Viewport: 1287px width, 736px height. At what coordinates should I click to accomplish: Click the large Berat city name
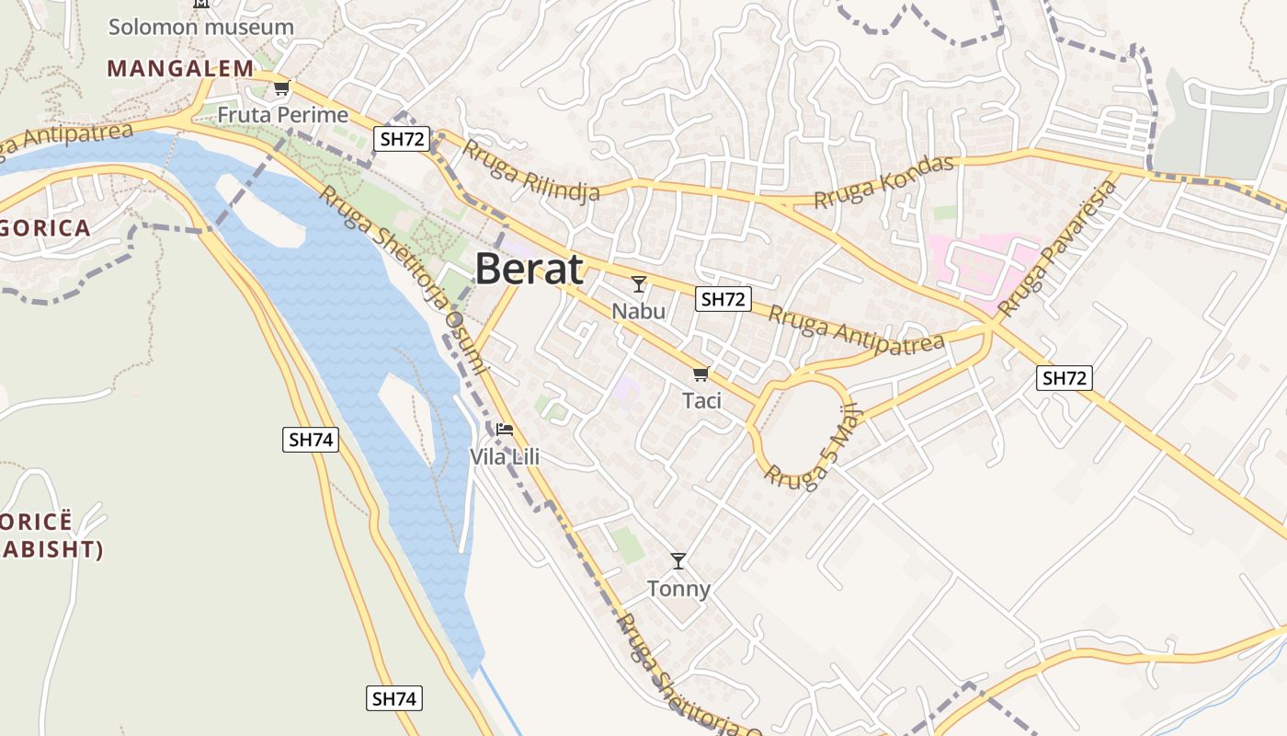pos(529,269)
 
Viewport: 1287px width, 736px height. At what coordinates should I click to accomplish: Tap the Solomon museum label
pos(201,27)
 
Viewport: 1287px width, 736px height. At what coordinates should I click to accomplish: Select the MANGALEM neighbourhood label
pos(180,68)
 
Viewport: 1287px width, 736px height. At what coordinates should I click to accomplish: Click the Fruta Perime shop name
pos(283,115)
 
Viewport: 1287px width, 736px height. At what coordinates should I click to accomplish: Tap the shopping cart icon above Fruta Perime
pos(281,88)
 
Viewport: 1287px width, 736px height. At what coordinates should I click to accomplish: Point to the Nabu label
pos(638,311)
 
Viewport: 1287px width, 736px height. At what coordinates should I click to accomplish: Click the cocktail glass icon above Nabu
pos(639,283)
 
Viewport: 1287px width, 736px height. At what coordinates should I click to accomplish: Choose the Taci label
pos(701,401)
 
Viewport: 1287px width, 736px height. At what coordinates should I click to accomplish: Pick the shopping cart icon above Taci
pos(700,374)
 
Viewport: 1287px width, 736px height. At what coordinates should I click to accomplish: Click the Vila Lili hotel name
pos(504,456)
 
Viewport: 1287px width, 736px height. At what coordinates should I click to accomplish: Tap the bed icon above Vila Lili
pos(504,429)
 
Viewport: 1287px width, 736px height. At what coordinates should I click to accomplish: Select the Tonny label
pos(678,589)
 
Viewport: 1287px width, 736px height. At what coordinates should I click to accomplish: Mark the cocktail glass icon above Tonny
pos(678,560)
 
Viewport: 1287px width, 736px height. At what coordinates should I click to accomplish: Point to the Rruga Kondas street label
pos(883,181)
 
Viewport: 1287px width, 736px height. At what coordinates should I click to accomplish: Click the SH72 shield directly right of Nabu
pos(723,298)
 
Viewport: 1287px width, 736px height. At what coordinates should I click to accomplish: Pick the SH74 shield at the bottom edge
pos(394,698)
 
